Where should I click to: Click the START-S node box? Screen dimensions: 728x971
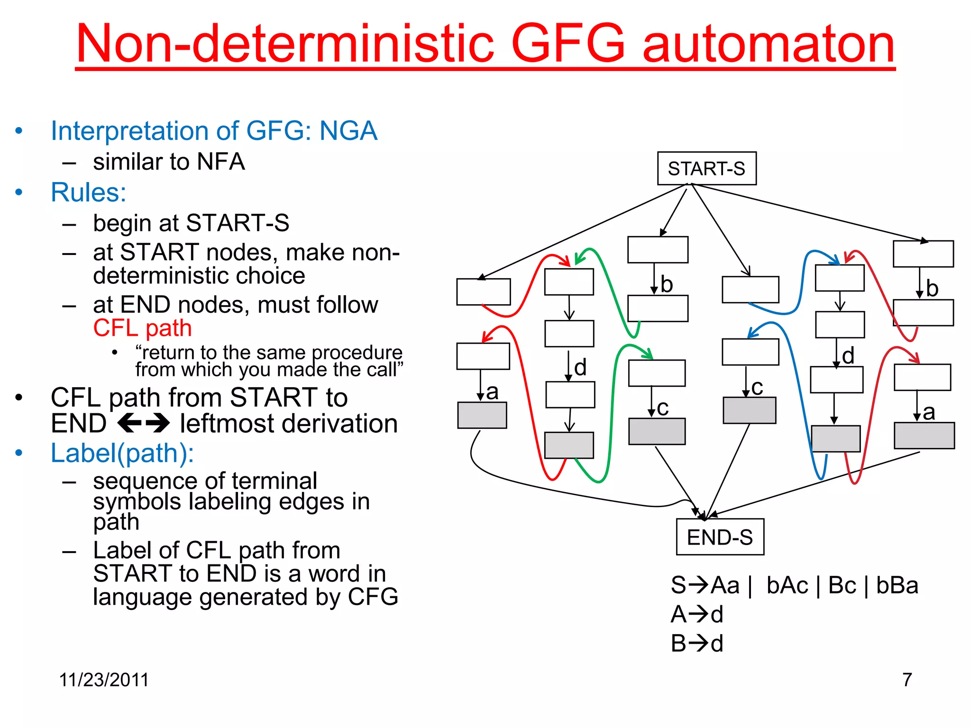(x=706, y=168)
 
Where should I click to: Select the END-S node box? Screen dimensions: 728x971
(x=720, y=537)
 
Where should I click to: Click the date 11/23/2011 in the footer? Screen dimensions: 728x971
(x=104, y=680)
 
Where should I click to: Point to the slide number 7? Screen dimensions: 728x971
(x=907, y=680)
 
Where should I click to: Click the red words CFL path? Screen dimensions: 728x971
(x=142, y=328)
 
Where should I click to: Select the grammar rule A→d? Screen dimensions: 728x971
(x=697, y=614)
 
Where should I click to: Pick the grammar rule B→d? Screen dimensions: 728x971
(x=697, y=644)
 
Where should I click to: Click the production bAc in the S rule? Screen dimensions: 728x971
(x=787, y=585)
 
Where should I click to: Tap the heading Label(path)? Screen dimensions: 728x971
(x=122, y=453)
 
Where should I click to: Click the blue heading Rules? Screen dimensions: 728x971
(x=89, y=192)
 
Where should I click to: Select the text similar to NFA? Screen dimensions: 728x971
(x=169, y=162)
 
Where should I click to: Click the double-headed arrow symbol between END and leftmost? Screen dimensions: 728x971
(x=143, y=423)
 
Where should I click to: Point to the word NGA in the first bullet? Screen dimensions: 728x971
(x=348, y=131)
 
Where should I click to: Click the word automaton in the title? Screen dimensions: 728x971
(x=768, y=44)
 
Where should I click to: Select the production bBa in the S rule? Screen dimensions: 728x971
(x=897, y=585)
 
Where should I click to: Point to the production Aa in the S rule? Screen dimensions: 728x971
(x=725, y=585)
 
